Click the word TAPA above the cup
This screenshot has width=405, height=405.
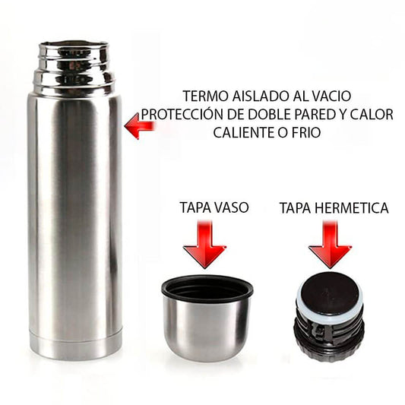pos(195,207)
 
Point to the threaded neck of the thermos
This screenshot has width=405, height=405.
pos(74,72)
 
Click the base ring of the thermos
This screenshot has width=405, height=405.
pos(75,343)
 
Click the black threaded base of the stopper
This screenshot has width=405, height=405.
pos(329,340)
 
